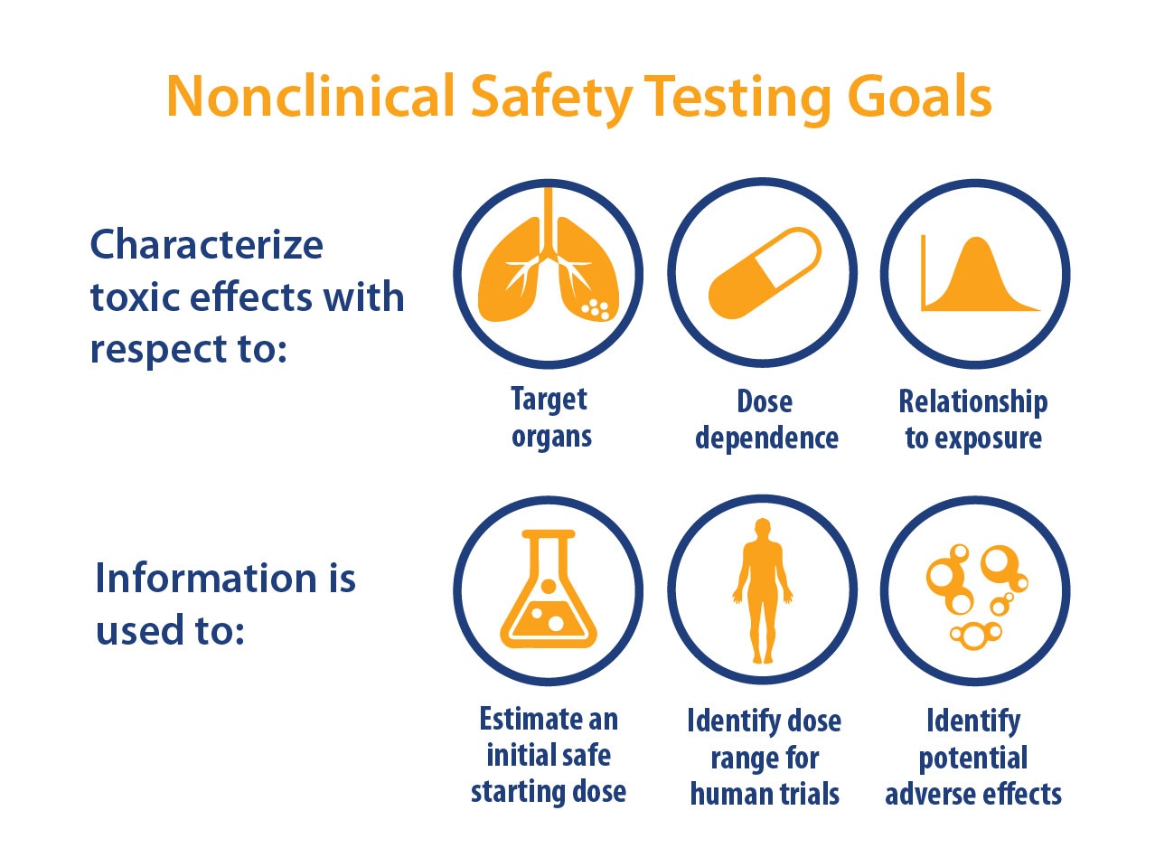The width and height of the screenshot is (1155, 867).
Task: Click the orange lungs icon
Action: [x=548, y=254]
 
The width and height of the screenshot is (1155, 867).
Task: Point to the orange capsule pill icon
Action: [x=765, y=273]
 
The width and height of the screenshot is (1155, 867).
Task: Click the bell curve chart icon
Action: [x=980, y=274]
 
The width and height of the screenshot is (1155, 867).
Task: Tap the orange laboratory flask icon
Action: [x=549, y=589]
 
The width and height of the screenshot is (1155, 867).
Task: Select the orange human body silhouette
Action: [x=763, y=590]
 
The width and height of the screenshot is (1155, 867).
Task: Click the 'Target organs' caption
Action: [x=550, y=418]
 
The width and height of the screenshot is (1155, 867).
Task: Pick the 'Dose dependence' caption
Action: [x=766, y=419]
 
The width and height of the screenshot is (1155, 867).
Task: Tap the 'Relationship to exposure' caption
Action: [x=973, y=419]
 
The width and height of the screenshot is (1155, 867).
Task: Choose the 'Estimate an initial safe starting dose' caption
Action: [x=549, y=756]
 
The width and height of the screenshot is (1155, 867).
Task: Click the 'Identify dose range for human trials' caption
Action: [x=765, y=757]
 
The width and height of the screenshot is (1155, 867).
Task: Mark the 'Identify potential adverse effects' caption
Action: [x=973, y=757]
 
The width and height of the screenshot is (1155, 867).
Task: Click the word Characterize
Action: [x=207, y=244]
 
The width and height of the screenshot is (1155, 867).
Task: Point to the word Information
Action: [x=206, y=578]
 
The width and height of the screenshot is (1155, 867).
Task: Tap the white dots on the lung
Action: [x=596, y=310]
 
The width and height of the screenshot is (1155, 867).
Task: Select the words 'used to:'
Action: [x=171, y=629]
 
